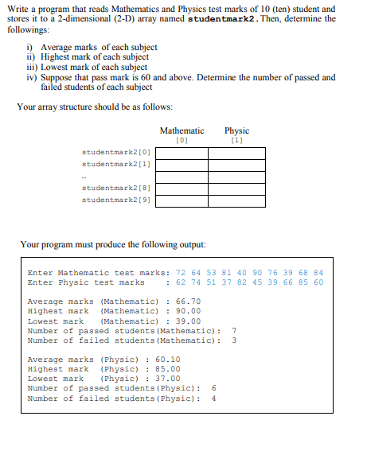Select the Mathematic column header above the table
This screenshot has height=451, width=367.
click(x=182, y=130)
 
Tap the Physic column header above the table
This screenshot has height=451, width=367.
click(x=236, y=130)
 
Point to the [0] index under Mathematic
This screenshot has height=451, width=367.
click(x=182, y=140)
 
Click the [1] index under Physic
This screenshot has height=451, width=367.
click(x=236, y=140)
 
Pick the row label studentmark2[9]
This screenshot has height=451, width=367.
click(x=116, y=200)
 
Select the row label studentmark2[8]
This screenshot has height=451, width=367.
click(x=116, y=188)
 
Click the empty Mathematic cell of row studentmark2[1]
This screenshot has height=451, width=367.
click(x=182, y=165)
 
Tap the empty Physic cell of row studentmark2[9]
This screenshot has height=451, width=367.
click(x=236, y=200)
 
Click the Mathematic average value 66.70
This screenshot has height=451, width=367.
click(x=188, y=301)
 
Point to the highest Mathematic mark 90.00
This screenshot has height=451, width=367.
click(x=188, y=311)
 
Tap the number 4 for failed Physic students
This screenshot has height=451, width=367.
click(x=213, y=399)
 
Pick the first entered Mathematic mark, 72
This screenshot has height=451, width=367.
click(x=181, y=272)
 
